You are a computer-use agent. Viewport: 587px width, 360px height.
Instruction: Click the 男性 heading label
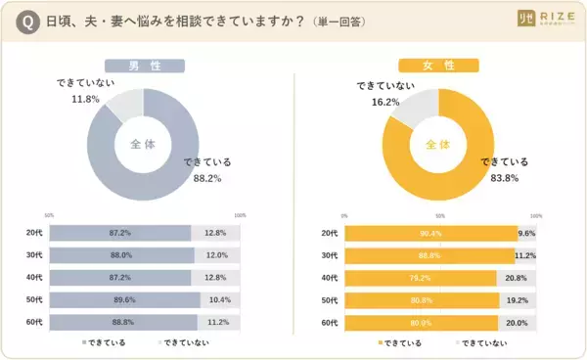click(x=145, y=67)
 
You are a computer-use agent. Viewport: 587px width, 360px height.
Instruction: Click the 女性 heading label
click(x=439, y=67)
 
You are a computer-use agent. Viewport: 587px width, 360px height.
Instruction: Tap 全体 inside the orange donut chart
click(x=439, y=145)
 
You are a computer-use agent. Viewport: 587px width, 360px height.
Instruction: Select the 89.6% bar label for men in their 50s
click(x=121, y=300)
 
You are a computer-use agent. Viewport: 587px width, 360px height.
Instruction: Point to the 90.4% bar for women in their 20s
click(x=429, y=234)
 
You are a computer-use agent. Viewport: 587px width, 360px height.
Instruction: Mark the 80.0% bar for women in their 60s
click(x=422, y=323)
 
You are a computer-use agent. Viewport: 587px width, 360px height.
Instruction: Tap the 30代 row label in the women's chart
click(x=330, y=255)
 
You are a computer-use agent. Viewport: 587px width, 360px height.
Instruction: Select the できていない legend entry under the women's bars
click(x=484, y=343)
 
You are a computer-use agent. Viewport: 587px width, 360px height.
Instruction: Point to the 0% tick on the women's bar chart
click(x=344, y=215)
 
